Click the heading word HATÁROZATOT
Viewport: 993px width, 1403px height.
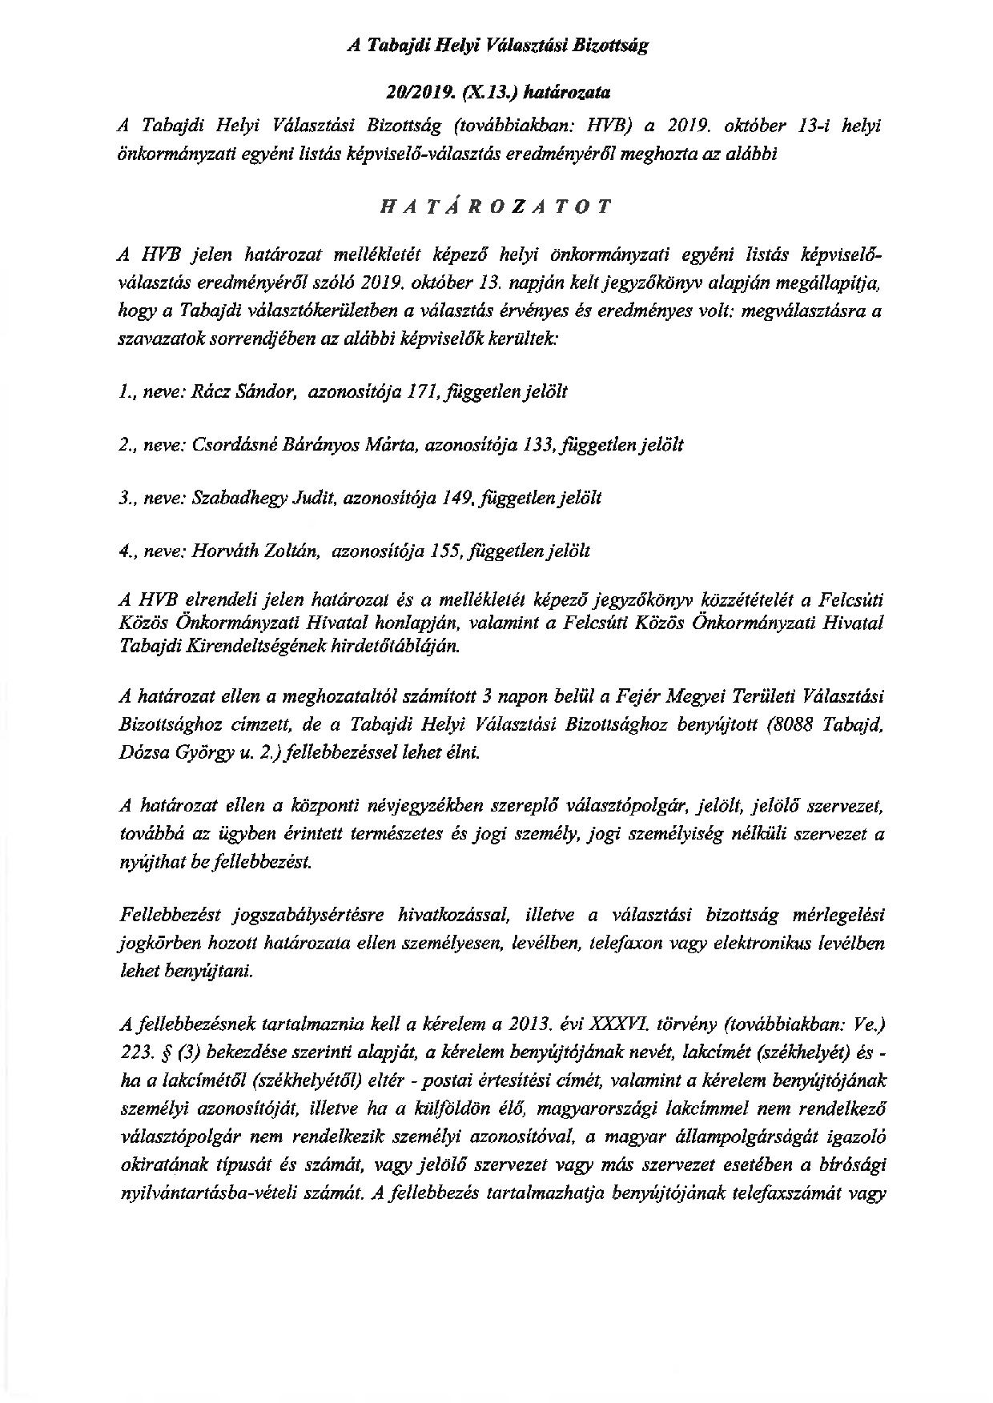496,206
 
